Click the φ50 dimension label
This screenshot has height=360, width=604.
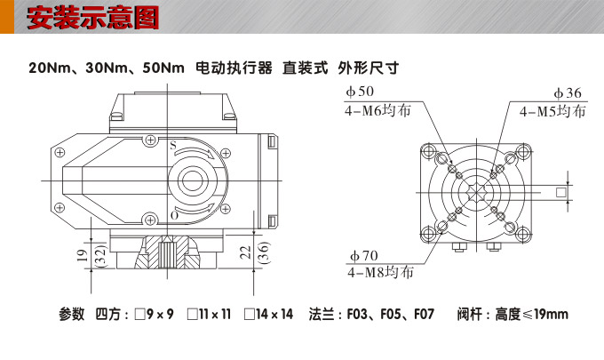coord(360,92)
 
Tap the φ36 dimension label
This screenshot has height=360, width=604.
coord(568,93)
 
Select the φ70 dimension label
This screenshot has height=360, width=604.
coord(362,256)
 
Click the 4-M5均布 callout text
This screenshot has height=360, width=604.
coord(552,112)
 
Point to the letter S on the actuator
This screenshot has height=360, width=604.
coord(173,144)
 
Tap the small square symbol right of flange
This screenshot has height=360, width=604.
coord(560,192)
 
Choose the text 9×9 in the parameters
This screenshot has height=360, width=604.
coord(160,314)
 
